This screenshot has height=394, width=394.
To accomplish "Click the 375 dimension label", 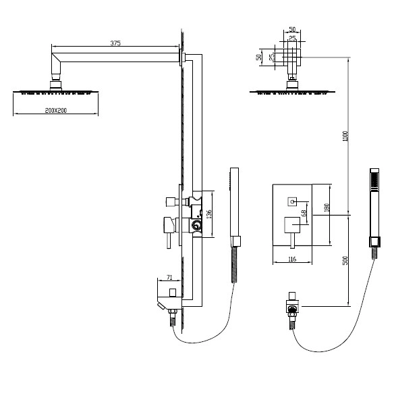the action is click(x=115, y=43).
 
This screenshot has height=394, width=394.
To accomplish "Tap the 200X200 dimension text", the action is click(x=56, y=111).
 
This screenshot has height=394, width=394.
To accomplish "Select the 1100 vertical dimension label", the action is click(x=345, y=137).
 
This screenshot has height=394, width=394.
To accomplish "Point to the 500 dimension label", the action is click(x=345, y=260).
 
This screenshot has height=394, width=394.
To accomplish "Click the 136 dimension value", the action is click(x=209, y=214).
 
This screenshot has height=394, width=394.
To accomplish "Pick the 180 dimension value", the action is click(x=327, y=207).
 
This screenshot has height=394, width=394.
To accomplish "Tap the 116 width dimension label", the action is click(x=292, y=259).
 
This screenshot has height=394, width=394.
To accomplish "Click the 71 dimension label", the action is click(x=169, y=277).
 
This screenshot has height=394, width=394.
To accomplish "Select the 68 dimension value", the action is click(x=304, y=213).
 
